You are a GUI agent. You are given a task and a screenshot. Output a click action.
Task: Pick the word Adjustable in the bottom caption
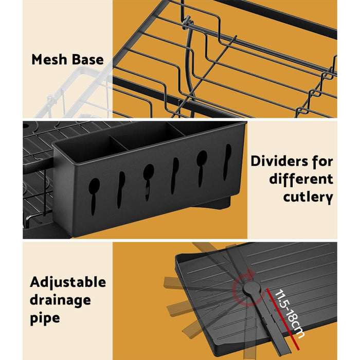point(68,282)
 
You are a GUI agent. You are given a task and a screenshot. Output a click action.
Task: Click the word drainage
point(60,300)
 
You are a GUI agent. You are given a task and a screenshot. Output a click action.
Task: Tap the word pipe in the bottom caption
point(45,318)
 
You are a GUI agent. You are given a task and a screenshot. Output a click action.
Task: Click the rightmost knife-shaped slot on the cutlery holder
point(227,161)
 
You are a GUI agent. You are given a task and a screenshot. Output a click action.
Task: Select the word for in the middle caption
point(321,161)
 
